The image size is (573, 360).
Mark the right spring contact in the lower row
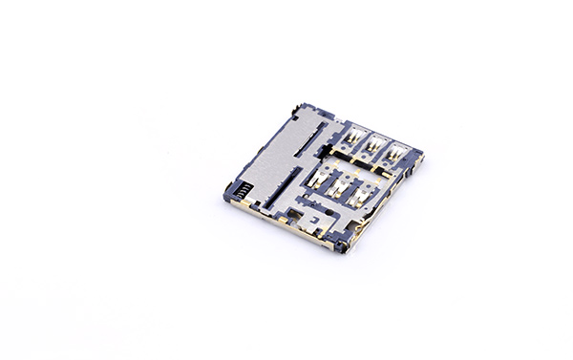tap(365, 194)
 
